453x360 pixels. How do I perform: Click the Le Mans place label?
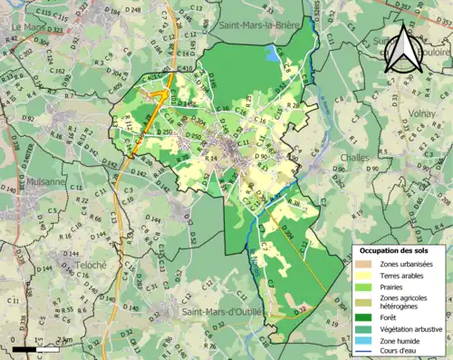point(28,28)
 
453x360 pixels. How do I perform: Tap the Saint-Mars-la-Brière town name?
point(260,27)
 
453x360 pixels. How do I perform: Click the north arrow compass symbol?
point(401,50)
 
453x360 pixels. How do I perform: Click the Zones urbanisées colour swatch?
point(364,263)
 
